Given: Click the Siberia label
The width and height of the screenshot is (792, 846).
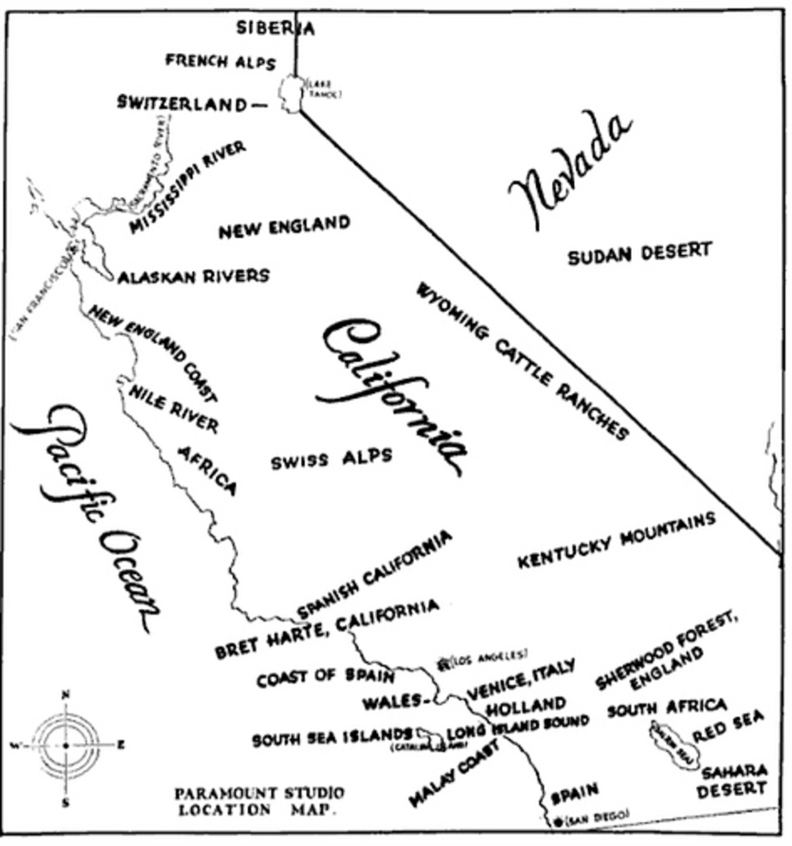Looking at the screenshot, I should [275, 27].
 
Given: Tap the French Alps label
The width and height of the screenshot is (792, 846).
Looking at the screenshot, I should [221, 61].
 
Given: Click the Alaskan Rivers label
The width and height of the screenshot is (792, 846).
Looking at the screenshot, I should [193, 276].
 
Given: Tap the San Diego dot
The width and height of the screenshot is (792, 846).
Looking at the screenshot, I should [558, 822].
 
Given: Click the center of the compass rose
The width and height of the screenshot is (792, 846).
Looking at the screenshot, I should [66, 746].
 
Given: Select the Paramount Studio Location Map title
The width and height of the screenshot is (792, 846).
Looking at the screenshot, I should [259, 801].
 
